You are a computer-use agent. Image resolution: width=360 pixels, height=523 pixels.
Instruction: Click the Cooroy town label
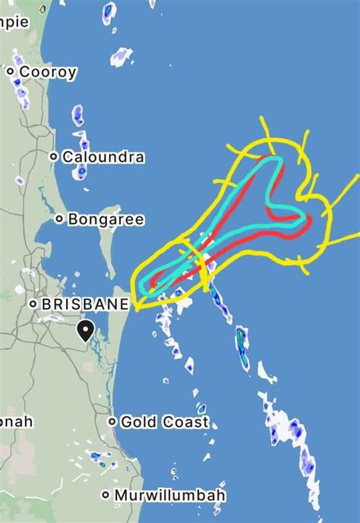pyautogui.click(x=48, y=72)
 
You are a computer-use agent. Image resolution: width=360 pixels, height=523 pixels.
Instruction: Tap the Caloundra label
pyautogui.click(x=103, y=157)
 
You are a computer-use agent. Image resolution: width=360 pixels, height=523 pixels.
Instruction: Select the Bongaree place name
pyautogui.click(x=106, y=219)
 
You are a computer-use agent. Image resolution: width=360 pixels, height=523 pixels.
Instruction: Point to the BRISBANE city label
pyautogui.click(x=80, y=304)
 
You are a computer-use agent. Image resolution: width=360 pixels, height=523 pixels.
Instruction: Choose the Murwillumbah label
pyautogui.click(x=169, y=495)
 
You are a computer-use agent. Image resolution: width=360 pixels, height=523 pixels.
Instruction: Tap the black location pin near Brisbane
pyautogui.click(x=86, y=330)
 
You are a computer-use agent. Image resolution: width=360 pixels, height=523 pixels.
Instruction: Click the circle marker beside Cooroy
pyautogui.click(x=11, y=71)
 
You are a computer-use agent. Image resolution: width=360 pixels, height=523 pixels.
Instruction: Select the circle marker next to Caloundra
pyautogui.click(x=53, y=157)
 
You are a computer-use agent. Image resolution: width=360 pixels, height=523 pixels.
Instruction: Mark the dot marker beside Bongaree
pyautogui.click(x=59, y=219)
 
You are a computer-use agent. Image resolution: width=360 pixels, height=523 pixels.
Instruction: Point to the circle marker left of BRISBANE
pyautogui.click(x=33, y=304)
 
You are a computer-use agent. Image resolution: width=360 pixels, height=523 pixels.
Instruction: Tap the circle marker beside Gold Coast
pyautogui.click(x=112, y=421)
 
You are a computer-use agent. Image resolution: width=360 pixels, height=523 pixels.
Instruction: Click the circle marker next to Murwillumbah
pyautogui.click(x=106, y=495)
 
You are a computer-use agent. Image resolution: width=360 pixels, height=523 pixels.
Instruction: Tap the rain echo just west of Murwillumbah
pyautogui.click(x=98, y=458)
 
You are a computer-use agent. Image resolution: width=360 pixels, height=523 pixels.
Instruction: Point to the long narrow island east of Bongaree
pyautogui.click(x=110, y=235)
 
